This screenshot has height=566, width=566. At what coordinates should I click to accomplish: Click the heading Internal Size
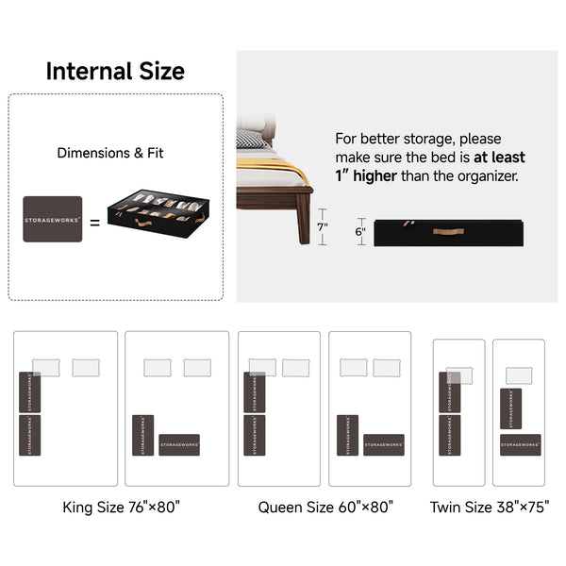(115, 72)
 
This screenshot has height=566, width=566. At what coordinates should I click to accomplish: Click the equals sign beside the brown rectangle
(94, 224)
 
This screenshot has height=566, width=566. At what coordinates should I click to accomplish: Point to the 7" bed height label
(322, 227)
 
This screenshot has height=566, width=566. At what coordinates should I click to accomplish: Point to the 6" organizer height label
(360, 232)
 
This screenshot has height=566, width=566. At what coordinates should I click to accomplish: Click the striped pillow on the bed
(251, 140)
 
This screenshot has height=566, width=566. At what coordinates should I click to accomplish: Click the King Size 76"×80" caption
(121, 507)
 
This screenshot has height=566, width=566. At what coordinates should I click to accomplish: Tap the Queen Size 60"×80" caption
(325, 507)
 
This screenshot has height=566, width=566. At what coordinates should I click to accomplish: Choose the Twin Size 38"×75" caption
(488, 507)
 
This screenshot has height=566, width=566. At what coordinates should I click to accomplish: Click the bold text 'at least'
(500, 158)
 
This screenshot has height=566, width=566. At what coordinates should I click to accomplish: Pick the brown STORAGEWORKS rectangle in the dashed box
(53, 219)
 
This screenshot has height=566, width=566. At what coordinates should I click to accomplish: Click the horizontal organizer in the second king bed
(179, 444)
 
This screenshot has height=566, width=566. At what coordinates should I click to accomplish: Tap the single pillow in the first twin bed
(458, 375)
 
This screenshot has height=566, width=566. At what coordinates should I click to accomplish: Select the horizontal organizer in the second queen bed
(383, 444)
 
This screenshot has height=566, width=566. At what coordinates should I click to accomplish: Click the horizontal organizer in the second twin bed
(520, 444)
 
